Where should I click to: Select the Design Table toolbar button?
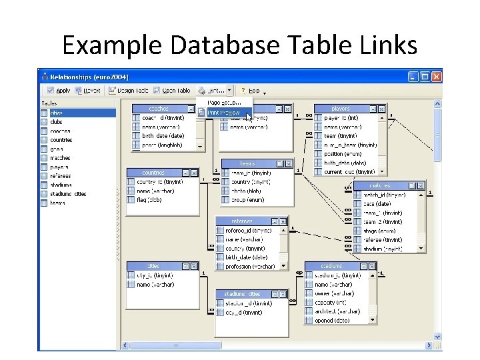click(x=131, y=90)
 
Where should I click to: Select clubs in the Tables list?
click(x=57, y=122)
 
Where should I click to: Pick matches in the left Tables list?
click(x=60, y=158)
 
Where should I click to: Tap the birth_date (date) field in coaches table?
click(x=163, y=135)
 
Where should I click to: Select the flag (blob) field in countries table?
click(x=149, y=199)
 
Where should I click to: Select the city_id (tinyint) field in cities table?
click(x=155, y=275)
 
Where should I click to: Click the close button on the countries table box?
click(x=193, y=173)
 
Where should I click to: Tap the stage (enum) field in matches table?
click(x=377, y=230)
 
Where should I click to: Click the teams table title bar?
click(x=247, y=163)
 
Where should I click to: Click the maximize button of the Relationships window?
click(x=425, y=77)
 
